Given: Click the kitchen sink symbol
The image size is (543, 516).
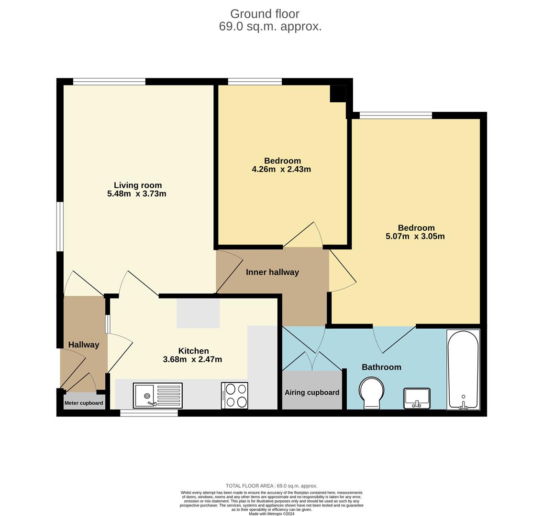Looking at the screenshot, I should tap(157, 396).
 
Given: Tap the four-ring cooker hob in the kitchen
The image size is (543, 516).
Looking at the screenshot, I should tap(234, 396).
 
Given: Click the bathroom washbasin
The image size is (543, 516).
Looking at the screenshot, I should tap(417, 398).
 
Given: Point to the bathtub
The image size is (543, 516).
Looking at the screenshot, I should tap(463, 369).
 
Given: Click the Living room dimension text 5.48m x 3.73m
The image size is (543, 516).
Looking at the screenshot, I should tap(137, 194).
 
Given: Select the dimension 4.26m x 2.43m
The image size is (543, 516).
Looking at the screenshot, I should tap(281, 169).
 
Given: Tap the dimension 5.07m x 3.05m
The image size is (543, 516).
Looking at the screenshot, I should tap(415, 236).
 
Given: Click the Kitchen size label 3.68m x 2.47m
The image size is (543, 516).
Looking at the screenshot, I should tap(192, 360).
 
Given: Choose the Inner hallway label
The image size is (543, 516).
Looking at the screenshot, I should tap(272, 272).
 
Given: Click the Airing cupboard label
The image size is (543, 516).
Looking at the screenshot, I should tap(312, 393).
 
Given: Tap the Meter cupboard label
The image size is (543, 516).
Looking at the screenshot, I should tap(84, 403).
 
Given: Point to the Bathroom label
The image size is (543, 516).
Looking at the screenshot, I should tap(381, 367).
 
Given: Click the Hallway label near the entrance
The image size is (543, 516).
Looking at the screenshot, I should tap(84, 345).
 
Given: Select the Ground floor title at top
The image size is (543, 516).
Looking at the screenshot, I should tap(265, 14).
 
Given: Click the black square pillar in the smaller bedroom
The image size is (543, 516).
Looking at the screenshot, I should tap(338, 93).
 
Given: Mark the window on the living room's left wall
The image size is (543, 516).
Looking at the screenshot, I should tap(60, 226).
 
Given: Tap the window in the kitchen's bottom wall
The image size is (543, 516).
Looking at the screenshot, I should tap(149, 413).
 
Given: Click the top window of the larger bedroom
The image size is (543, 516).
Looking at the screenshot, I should tap(396, 115).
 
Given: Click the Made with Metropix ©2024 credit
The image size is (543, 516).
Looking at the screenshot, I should tap(272, 514).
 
